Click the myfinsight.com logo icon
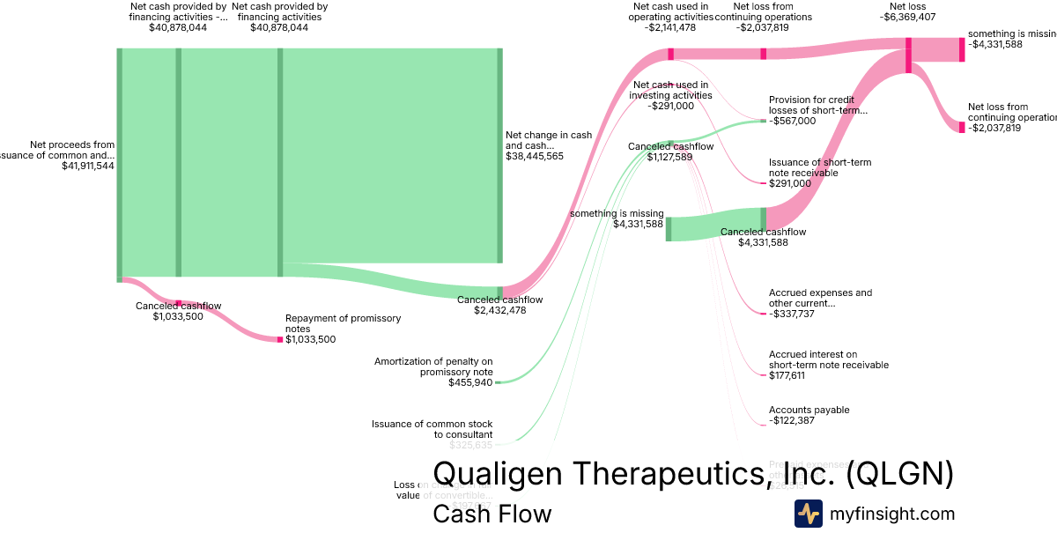808,514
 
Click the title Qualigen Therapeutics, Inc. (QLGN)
693,473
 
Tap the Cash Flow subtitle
492,514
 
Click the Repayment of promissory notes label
343,323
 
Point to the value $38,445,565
535,156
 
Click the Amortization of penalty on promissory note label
433,366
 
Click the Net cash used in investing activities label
672,90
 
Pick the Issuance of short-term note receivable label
819,167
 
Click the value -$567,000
792,121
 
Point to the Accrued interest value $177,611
790,375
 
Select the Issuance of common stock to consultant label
432,429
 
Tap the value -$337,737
792,314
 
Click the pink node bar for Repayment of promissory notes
280,338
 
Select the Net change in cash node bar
499,156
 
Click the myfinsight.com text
892,514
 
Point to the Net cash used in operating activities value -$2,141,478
670,27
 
